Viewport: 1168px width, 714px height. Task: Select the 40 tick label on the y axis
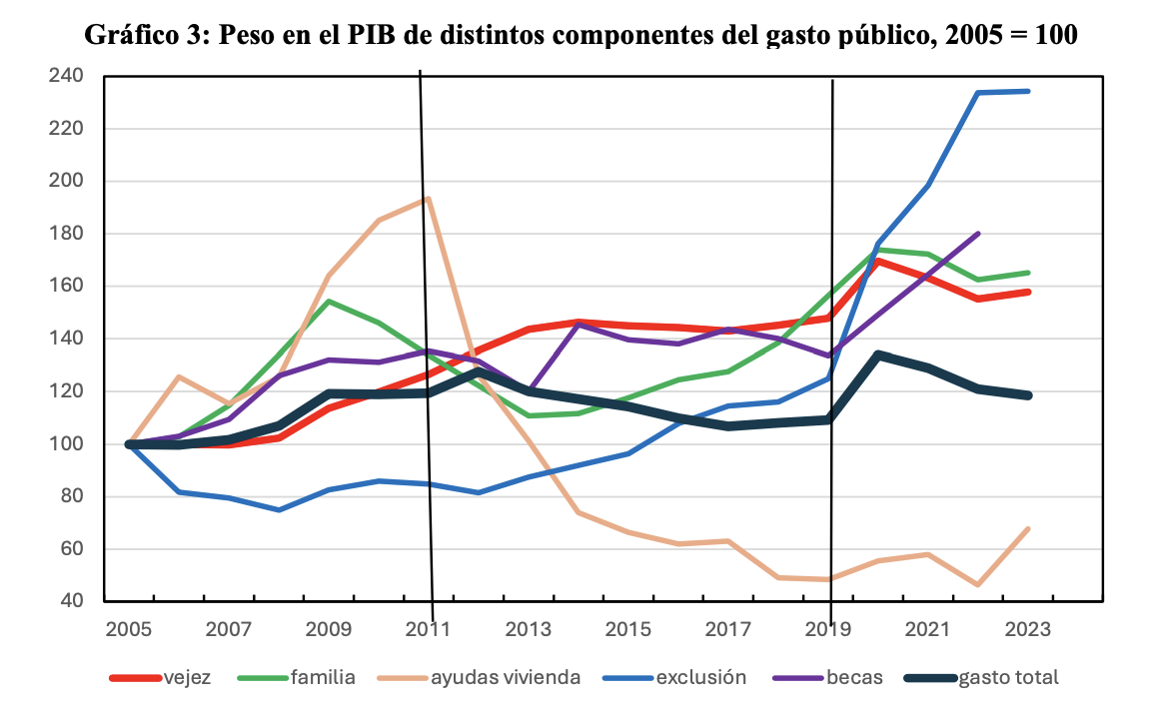pos(72,601)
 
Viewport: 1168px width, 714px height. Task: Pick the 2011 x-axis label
pos(428,631)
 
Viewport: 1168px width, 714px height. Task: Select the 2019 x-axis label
pos(827,631)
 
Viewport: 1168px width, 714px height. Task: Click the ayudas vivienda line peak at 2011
pos(428,198)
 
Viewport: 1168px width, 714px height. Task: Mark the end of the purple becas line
pos(978,233)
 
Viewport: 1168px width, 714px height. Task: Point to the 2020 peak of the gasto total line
pos(878,354)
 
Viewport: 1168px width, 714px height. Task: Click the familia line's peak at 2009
pos(329,301)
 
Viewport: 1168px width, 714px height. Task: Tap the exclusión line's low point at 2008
pos(279,509)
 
